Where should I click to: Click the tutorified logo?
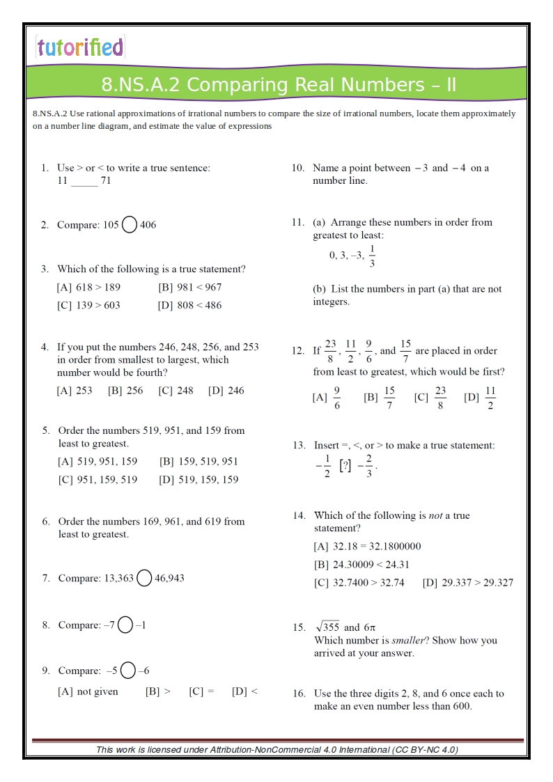pos(80,47)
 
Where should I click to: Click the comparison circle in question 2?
pos(129,224)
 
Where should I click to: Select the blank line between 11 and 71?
pos(84,182)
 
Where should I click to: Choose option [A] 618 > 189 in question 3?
pos(88,287)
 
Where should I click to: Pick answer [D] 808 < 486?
pos(189,305)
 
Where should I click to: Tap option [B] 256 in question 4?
pos(125,391)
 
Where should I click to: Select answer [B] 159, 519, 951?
pos(198,461)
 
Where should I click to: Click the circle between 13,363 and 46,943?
pos(144,578)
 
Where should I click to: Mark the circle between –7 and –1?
pos(125,625)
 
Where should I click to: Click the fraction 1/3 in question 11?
pos(372,256)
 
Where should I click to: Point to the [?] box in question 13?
pos(345,466)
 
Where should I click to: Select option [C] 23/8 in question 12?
pos(430,398)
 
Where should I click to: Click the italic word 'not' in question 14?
pos(436,516)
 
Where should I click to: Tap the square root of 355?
pos(327,627)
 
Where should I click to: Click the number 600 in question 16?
pos(461,707)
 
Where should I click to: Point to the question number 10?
pos(298,168)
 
